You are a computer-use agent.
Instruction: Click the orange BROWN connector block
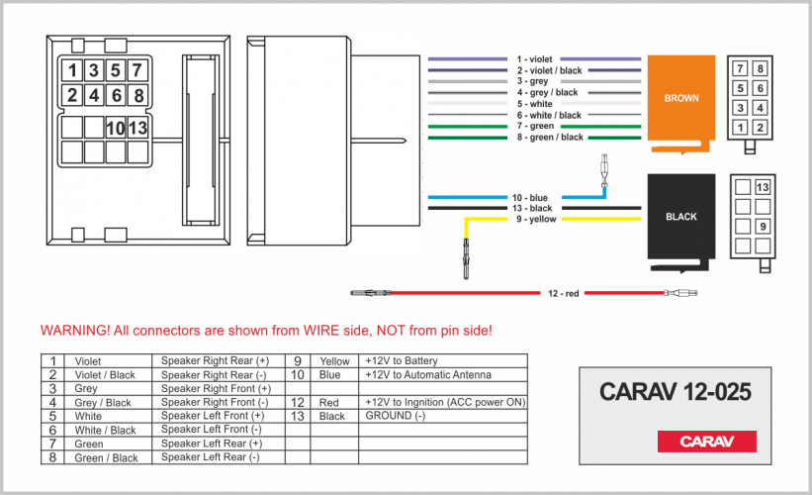click(x=680, y=99)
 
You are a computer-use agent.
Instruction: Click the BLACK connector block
click(x=680, y=216)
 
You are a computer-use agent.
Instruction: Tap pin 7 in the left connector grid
click(x=138, y=70)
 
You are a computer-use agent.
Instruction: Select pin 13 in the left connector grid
click(x=138, y=128)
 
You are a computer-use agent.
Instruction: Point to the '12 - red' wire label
click(x=564, y=293)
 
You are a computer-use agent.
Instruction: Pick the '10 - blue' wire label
click(x=529, y=198)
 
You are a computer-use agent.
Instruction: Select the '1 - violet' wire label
click(x=534, y=59)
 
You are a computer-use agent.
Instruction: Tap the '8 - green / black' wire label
click(x=550, y=137)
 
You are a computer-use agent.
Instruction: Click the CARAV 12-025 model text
click(x=676, y=392)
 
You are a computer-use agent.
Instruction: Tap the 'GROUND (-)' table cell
click(x=395, y=416)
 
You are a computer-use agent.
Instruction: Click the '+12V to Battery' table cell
click(x=401, y=361)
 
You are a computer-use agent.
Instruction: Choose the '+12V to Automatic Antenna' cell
click(x=427, y=375)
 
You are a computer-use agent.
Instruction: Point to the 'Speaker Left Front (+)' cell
click(x=215, y=416)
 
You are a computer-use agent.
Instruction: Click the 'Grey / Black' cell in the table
click(x=104, y=403)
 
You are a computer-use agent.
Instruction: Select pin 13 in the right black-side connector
click(x=762, y=187)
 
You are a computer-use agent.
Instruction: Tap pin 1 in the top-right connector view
click(x=740, y=127)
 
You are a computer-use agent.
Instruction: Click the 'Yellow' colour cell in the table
click(x=334, y=361)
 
